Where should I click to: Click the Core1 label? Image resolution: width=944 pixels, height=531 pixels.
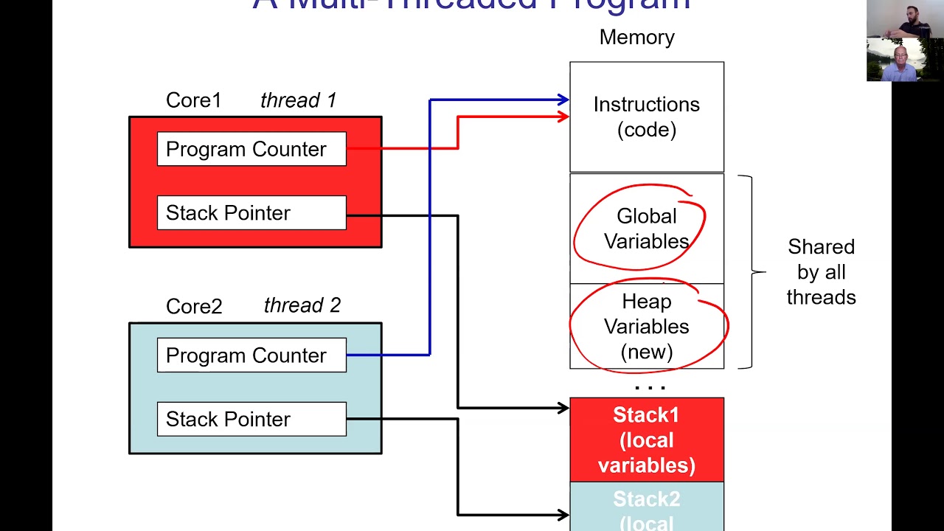point(193,100)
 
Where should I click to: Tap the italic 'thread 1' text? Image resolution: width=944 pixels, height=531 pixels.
point(298,100)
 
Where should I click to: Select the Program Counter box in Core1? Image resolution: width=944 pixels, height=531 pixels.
point(251,149)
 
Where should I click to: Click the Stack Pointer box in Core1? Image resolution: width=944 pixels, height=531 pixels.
point(251,212)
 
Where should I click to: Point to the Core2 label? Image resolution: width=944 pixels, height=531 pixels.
point(193,306)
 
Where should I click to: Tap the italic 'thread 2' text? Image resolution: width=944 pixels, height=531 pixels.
point(302,305)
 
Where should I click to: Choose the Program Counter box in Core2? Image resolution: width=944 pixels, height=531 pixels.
point(251,355)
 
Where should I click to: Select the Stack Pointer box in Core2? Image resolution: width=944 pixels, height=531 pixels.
point(251,419)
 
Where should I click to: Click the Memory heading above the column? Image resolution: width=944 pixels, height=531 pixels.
point(636,38)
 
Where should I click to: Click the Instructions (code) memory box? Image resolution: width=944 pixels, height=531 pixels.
point(646,117)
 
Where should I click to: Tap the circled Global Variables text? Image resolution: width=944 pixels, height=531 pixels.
point(646,229)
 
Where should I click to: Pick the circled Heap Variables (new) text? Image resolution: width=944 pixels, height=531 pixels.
point(646,326)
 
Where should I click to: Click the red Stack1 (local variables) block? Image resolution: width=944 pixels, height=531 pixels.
point(646,440)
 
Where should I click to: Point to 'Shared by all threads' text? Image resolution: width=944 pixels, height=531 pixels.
point(821,272)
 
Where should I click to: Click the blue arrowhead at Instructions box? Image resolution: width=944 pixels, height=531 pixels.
point(563,100)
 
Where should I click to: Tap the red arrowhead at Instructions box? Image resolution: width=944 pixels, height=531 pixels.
point(563,117)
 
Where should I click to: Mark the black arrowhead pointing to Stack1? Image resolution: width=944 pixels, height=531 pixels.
point(563,408)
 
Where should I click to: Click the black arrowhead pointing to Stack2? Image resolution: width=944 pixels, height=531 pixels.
point(563,515)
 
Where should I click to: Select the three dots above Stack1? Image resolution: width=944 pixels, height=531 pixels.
point(650,387)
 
